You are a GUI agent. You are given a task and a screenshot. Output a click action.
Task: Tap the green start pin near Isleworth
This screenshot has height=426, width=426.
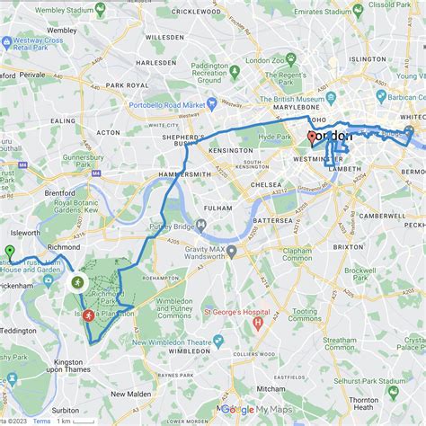[9, 252]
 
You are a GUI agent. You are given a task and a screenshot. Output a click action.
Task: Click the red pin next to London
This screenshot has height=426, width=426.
[311, 138]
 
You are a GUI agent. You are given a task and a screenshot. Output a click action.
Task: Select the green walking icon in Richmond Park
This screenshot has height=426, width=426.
[78, 282]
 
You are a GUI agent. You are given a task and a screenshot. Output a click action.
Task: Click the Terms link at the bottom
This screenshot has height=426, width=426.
[41, 421]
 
